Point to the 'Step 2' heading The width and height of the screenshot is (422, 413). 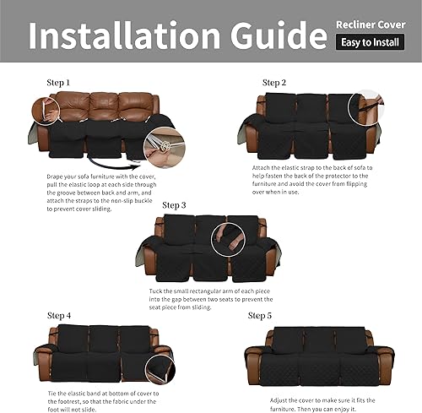point(274,83)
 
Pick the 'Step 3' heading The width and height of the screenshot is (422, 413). point(175,205)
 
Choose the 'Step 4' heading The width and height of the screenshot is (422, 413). point(60,315)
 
